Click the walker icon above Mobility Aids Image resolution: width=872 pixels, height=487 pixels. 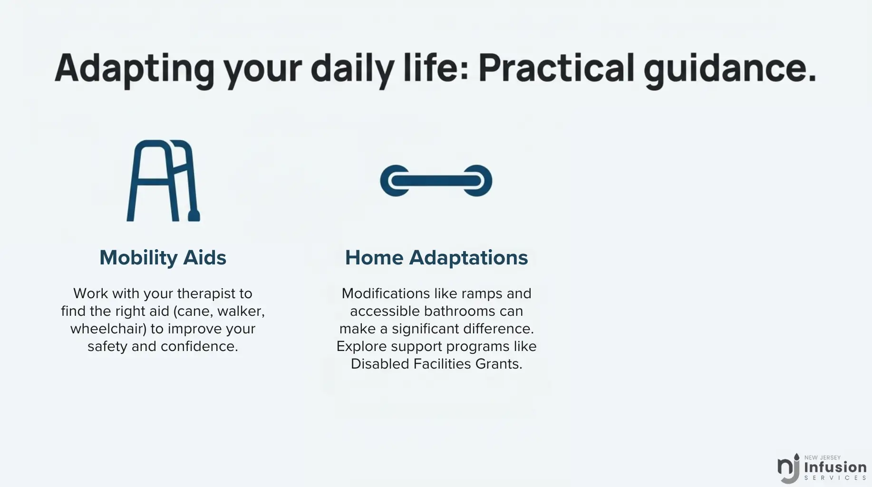[164, 181]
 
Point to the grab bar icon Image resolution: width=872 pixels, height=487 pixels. [436, 181]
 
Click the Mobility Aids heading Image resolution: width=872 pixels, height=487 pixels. [163, 258]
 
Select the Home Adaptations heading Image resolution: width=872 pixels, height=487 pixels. [436, 258]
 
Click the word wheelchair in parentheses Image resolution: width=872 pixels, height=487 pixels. [108, 329]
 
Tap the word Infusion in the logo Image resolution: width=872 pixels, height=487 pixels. [835, 467]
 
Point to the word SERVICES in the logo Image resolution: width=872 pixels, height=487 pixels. [835, 478]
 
